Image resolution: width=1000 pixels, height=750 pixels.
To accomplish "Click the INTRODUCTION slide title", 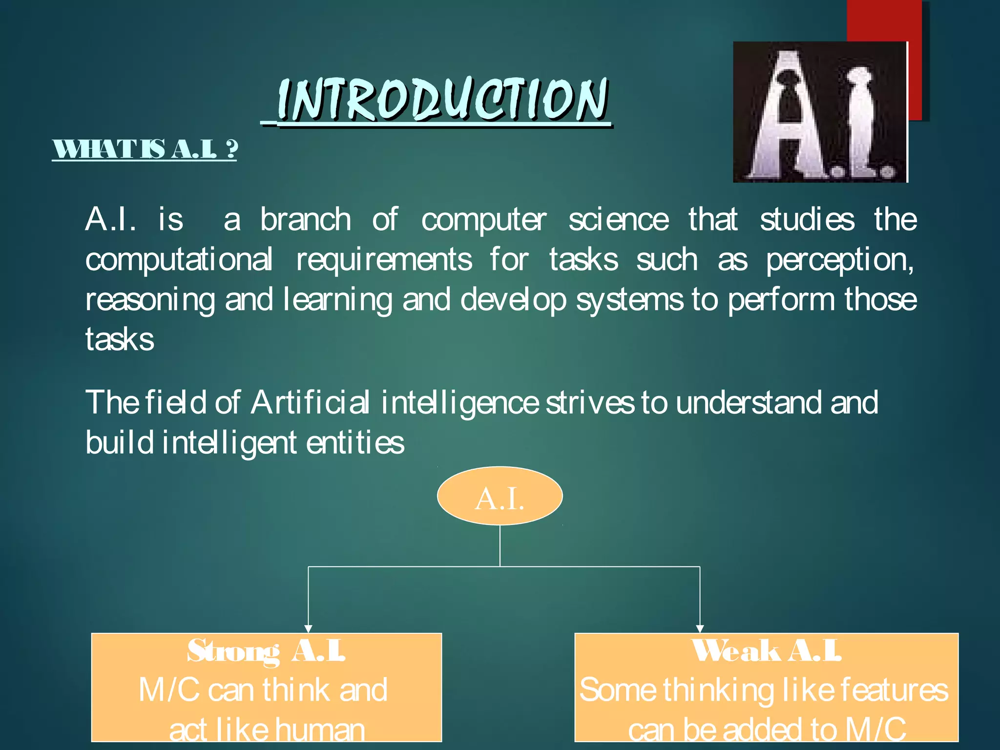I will (x=442, y=100).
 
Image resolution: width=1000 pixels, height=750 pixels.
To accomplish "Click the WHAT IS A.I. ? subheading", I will (x=145, y=149).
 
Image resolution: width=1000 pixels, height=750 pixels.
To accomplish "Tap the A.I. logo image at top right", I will (x=820, y=112).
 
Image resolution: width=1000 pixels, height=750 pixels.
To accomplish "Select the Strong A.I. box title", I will (x=267, y=651).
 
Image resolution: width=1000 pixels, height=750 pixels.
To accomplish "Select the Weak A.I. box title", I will (x=766, y=651).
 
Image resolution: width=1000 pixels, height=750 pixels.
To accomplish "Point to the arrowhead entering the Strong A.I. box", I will (x=308, y=628).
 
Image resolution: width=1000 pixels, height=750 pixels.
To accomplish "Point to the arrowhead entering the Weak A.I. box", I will (x=700, y=628).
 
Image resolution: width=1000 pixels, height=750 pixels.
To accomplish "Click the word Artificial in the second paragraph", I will (x=310, y=403).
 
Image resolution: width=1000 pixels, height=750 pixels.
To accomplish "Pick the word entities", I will (x=355, y=443).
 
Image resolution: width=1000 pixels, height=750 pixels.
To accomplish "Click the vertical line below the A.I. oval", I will (x=500, y=546).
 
